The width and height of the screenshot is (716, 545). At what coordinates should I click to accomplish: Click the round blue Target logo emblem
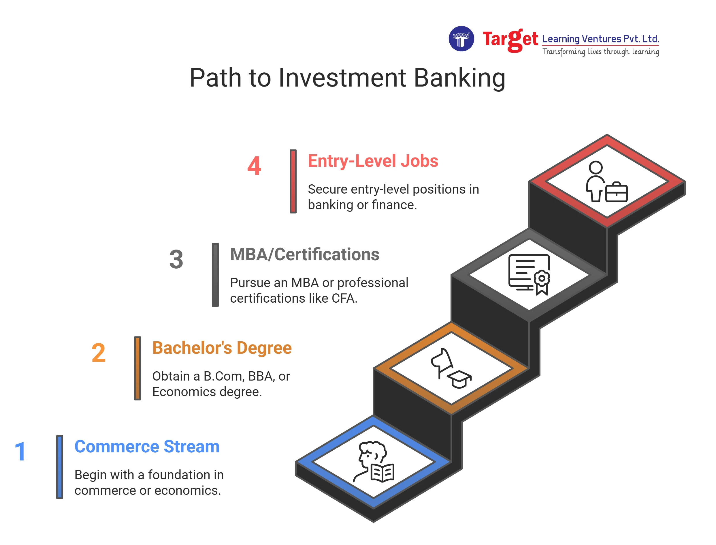pyautogui.click(x=461, y=39)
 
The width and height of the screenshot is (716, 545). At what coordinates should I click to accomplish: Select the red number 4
pyautogui.click(x=254, y=166)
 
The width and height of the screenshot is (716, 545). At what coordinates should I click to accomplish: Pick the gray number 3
pyautogui.click(x=176, y=259)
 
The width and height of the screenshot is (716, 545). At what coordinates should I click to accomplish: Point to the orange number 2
pyautogui.click(x=98, y=353)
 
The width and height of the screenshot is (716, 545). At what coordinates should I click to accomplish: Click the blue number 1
pyautogui.click(x=20, y=451)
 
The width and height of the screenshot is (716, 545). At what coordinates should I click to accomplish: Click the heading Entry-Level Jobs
pyautogui.click(x=373, y=161)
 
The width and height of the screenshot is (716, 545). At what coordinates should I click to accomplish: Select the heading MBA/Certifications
pyautogui.click(x=304, y=254)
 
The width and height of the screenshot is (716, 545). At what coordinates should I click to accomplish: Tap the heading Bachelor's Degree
pyautogui.click(x=222, y=348)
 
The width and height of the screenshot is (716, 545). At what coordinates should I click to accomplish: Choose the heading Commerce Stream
pyautogui.click(x=147, y=446)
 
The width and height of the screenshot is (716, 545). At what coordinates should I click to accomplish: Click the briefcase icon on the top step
pyautogui.click(x=616, y=192)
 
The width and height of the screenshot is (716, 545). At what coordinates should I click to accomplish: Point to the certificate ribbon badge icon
pyautogui.click(x=542, y=282)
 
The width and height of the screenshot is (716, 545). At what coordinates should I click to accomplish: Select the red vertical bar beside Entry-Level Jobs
pyautogui.click(x=293, y=181)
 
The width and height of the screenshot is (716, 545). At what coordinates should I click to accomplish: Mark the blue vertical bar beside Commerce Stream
pyautogui.click(x=60, y=467)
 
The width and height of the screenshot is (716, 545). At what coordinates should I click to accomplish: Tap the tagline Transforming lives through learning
pyautogui.click(x=601, y=52)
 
